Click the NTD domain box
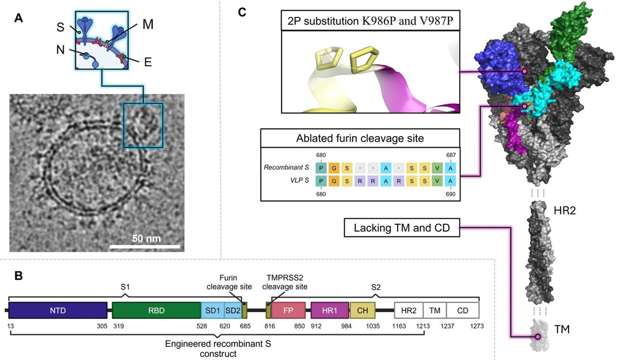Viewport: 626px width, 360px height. pyautogui.click(x=57, y=310)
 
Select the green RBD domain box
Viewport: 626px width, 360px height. pyautogui.click(x=156, y=310)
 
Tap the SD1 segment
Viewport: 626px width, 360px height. pyautogui.click(x=212, y=310)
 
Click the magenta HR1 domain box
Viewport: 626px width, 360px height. pyautogui.click(x=330, y=310)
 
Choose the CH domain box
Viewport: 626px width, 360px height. pyautogui.click(x=363, y=310)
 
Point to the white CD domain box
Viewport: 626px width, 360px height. pyautogui.click(x=462, y=310)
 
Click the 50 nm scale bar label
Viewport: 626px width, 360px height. pyautogui.click(x=147, y=238)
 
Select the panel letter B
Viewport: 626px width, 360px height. pyautogui.click(x=18, y=275)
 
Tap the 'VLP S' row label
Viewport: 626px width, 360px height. pyautogui.click(x=298, y=181)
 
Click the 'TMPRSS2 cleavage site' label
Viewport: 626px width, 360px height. pyautogui.click(x=286, y=282)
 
